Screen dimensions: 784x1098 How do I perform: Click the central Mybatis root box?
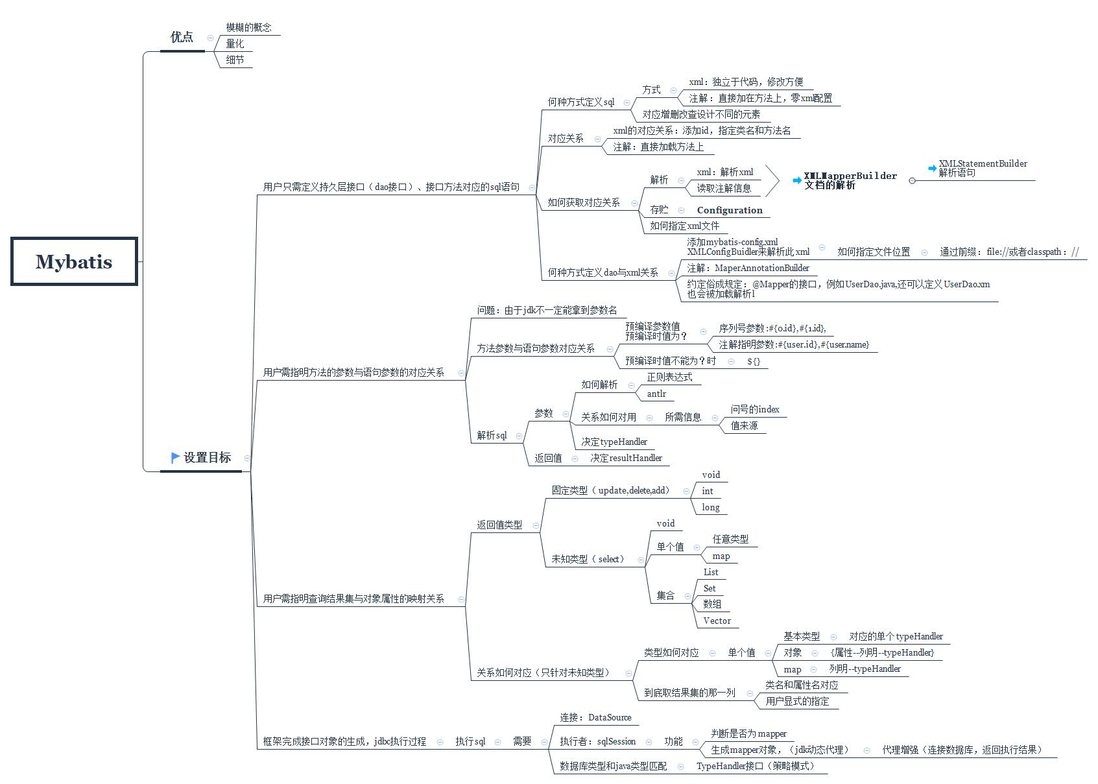(74, 261)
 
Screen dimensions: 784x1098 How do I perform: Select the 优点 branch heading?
(182, 37)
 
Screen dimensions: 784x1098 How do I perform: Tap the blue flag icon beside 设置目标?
(175, 457)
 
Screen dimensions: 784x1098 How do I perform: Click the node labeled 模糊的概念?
(248, 27)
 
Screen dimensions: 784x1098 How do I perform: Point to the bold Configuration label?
(730, 210)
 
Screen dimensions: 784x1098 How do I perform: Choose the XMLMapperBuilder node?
(850, 176)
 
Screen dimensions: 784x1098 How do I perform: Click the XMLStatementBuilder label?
(983, 163)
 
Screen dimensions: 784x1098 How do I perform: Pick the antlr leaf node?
(656, 394)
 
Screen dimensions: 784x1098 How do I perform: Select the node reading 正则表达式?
(669, 377)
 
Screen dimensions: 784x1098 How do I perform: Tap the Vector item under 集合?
(717, 621)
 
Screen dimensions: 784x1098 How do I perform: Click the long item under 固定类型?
(711, 507)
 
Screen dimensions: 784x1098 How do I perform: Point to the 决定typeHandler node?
(614, 442)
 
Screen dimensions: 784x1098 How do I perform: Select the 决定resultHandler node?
(626, 458)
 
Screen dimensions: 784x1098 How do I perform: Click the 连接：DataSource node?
(595, 717)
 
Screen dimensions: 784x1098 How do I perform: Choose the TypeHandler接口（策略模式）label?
(755, 766)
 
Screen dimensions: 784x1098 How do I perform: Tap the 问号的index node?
(755, 409)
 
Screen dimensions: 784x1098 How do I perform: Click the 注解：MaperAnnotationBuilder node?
(748, 268)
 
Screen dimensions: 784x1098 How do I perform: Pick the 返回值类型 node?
(499, 525)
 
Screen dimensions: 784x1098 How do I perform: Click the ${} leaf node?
(754, 361)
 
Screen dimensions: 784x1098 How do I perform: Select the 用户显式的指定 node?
(797, 701)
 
